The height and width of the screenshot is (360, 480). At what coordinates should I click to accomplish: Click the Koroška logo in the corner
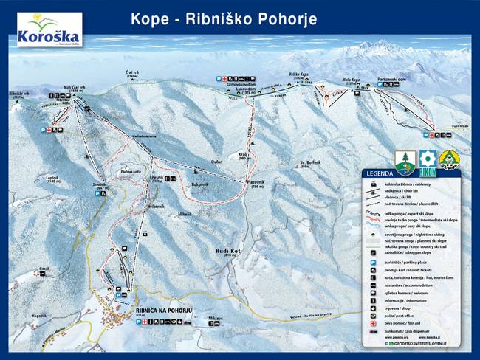click(49, 29)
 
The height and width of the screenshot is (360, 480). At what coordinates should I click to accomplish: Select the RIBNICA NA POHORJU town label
click(164, 311)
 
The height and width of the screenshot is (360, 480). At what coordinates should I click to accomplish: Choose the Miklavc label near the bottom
click(216, 318)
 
